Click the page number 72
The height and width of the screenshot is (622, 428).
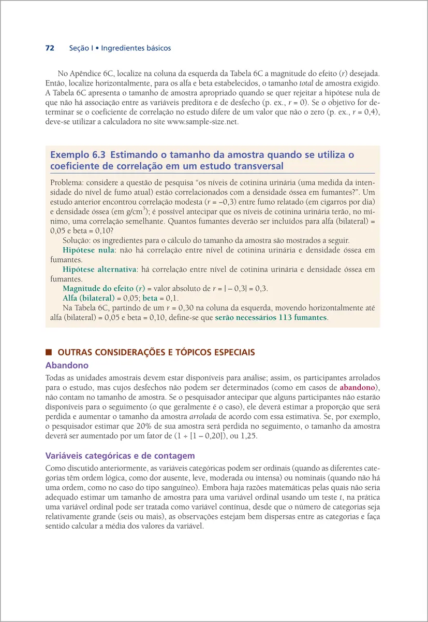(x=50, y=48)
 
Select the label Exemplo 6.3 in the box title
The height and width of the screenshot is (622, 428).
(x=77, y=155)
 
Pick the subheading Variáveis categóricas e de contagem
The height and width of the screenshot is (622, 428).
(x=120, y=456)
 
